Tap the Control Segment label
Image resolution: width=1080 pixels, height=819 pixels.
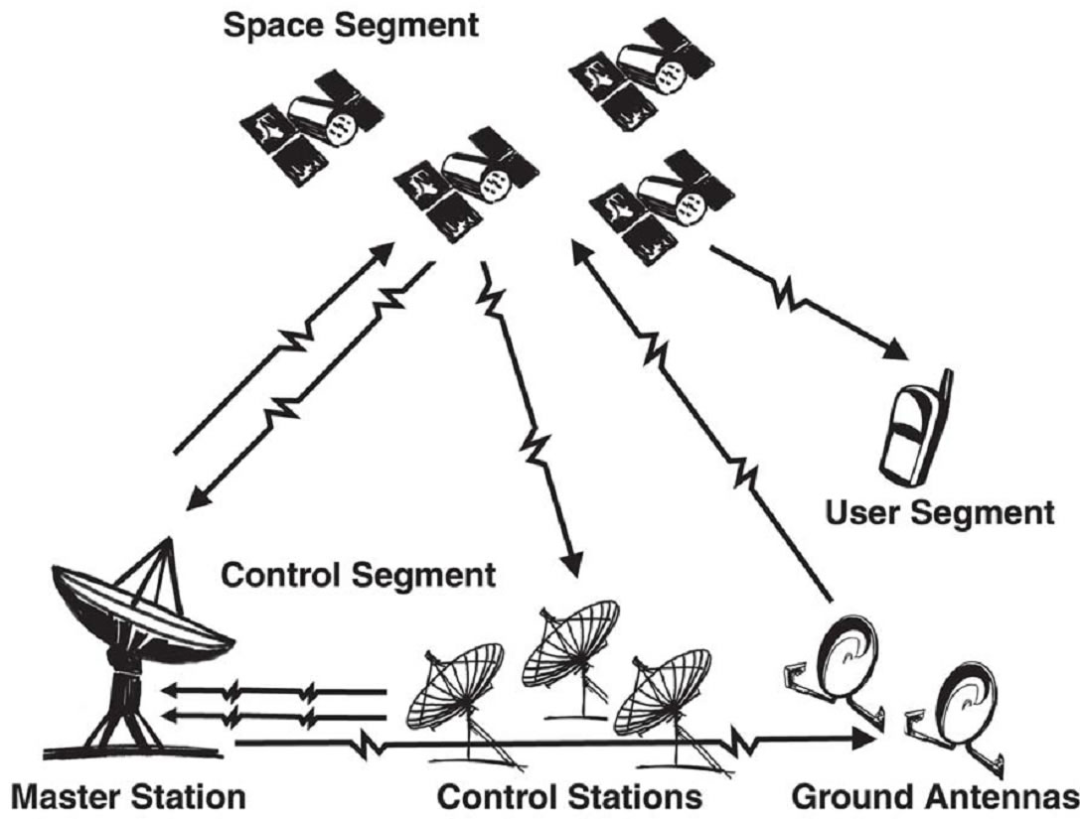(x=358, y=575)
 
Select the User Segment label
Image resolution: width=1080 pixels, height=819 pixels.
(x=939, y=513)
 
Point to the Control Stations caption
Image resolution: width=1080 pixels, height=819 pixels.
(x=570, y=796)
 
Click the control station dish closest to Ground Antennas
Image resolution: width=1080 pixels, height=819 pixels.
(x=661, y=695)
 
